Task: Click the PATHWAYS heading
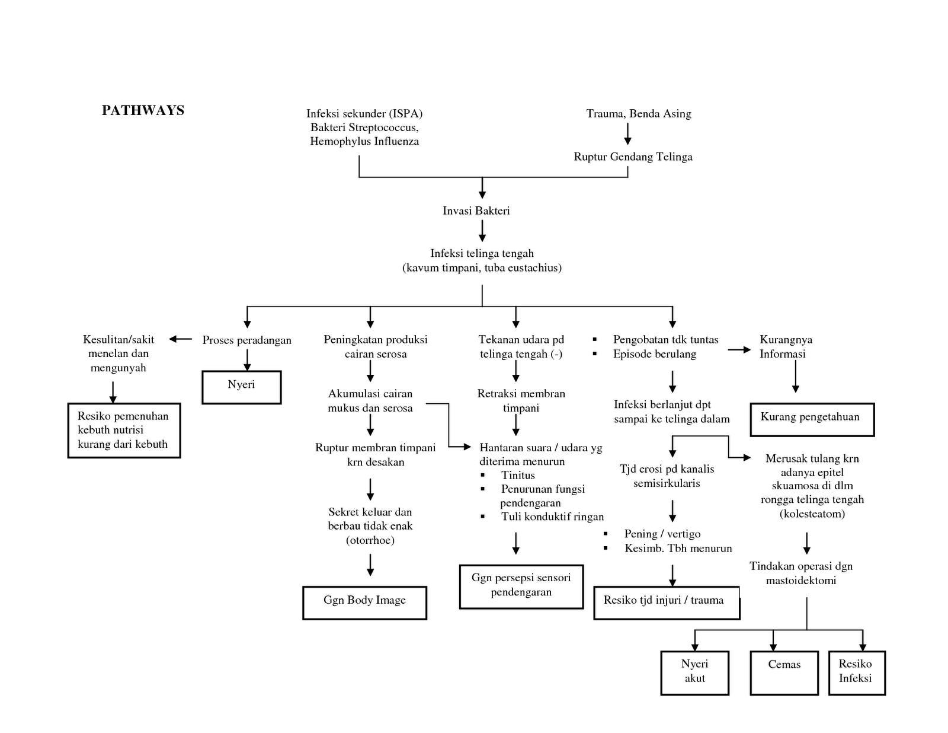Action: pos(143,110)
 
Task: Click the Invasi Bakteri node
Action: pos(476,211)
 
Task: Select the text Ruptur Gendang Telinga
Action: pos(633,157)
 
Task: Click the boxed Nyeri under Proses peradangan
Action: pos(241,387)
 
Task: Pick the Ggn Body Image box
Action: pos(364,603)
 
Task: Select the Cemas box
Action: pos(784,673)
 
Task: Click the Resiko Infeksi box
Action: pos(856,673)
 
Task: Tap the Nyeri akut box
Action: pos(694,673)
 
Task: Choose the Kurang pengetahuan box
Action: pos(812,419)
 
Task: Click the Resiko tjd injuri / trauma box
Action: pos(666,603)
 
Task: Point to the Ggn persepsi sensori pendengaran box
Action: pos(521,586)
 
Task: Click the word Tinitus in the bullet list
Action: pos(518,475)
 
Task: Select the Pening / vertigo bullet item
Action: pos(662,534)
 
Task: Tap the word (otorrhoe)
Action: pos(370,540)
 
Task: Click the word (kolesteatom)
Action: pos(812,514)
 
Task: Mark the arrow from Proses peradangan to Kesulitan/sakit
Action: pos(181,339)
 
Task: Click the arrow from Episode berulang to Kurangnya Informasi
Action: pos(739,350)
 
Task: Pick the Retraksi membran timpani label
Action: pos(521,400)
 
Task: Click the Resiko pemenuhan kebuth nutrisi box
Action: pos(124,431)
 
